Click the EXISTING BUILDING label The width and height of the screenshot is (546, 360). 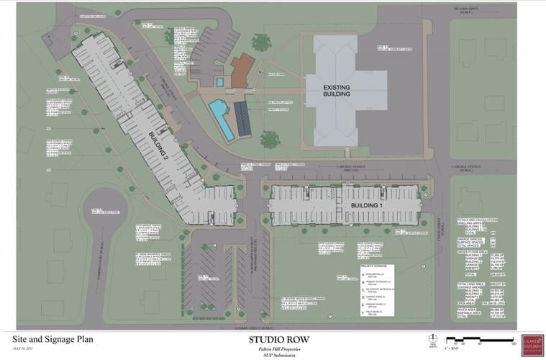(332, 91)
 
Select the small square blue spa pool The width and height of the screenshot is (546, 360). (219, 82)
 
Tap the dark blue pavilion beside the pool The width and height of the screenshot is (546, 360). (242, 120)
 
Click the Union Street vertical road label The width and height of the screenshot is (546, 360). (440, 238)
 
